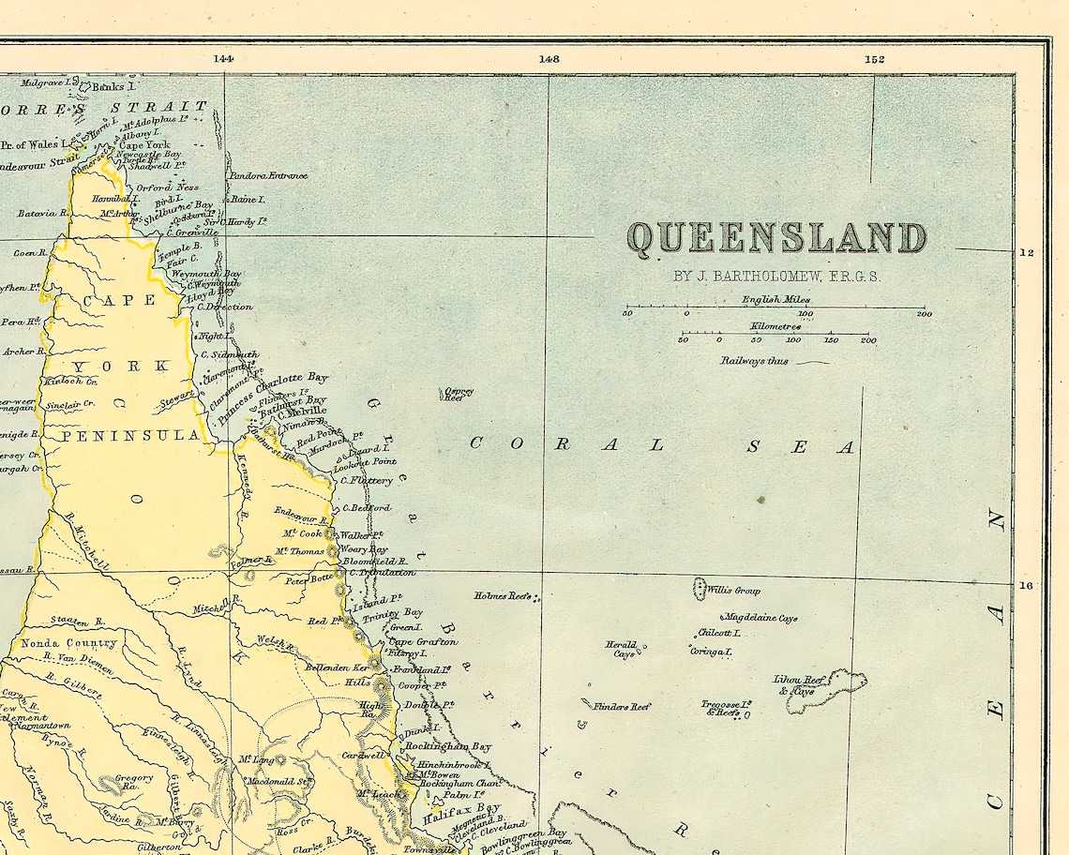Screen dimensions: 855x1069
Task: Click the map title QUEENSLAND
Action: pos(776,238)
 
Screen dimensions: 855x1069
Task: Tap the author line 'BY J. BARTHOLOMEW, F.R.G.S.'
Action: pos(777,277)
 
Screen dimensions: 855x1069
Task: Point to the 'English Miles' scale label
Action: pos(775,300)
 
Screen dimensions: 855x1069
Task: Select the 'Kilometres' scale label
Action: pos(775,326)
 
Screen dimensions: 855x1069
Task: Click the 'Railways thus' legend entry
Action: pos(755,361)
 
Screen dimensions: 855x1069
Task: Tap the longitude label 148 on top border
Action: pos(549,58)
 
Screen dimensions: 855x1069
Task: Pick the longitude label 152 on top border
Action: pos(874,58)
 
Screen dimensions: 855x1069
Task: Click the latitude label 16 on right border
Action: pos(1027,586)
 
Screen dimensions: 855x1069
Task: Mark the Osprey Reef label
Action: pos(459,395)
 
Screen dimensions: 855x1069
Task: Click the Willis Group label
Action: pos(733,591)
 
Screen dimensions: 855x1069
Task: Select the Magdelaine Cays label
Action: pos(759,618)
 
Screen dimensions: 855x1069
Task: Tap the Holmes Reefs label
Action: pos(503,595)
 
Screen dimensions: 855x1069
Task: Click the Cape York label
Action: pos(144,145)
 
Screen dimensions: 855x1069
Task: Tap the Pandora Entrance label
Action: pos(267,175)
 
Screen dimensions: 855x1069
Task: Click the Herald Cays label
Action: pos(621,649)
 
